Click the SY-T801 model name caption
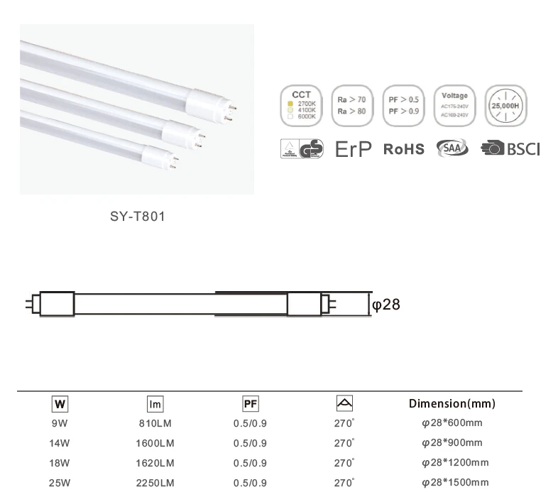click(136, 217)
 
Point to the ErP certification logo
click(353, 149)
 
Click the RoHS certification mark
click(403, 149)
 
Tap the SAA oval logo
click(452, 148)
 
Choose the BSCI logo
click(510, 149)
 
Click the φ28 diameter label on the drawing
click(387, 305)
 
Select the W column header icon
click(60, 404)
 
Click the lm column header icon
click(155, 404)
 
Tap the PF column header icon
click(250, 404)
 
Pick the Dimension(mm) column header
click(452, 404)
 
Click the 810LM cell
click(155, 424)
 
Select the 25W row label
click(60, 483)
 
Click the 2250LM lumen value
click(155, 483)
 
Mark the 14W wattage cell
click(60, 443)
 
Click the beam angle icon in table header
click(344, 403)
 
